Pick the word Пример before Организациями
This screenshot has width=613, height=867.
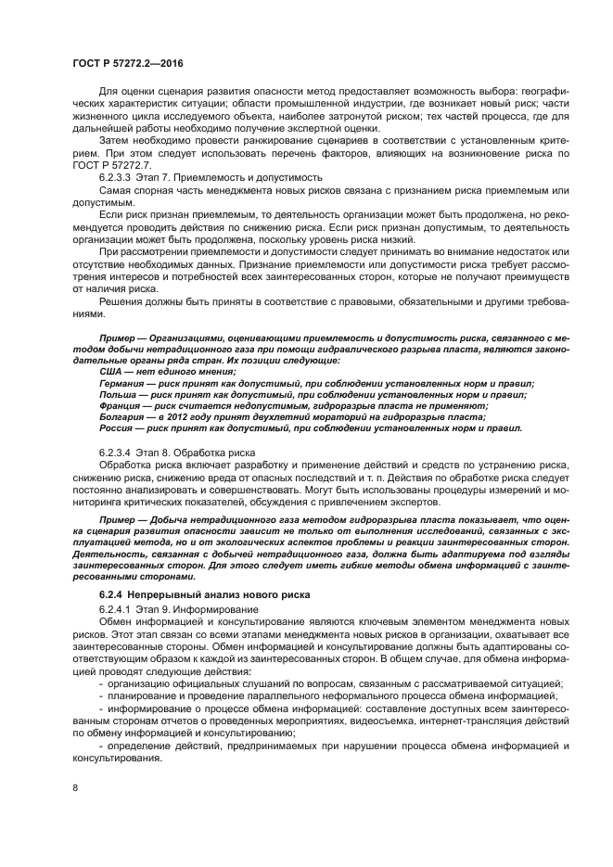point(119,336)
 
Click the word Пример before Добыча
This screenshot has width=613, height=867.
point(119,520)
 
